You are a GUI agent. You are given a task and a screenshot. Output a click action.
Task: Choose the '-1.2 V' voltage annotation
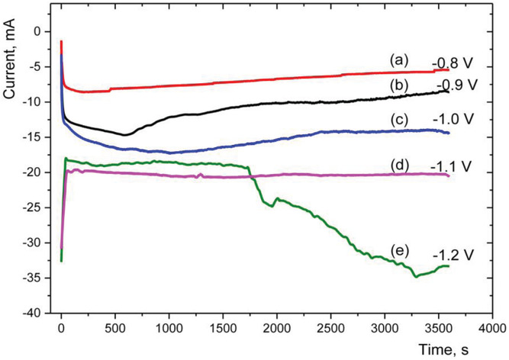pos(451,253)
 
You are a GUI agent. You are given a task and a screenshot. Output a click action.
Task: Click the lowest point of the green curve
pos(416,276)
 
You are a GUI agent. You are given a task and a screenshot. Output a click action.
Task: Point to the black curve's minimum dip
pos(124,135)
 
